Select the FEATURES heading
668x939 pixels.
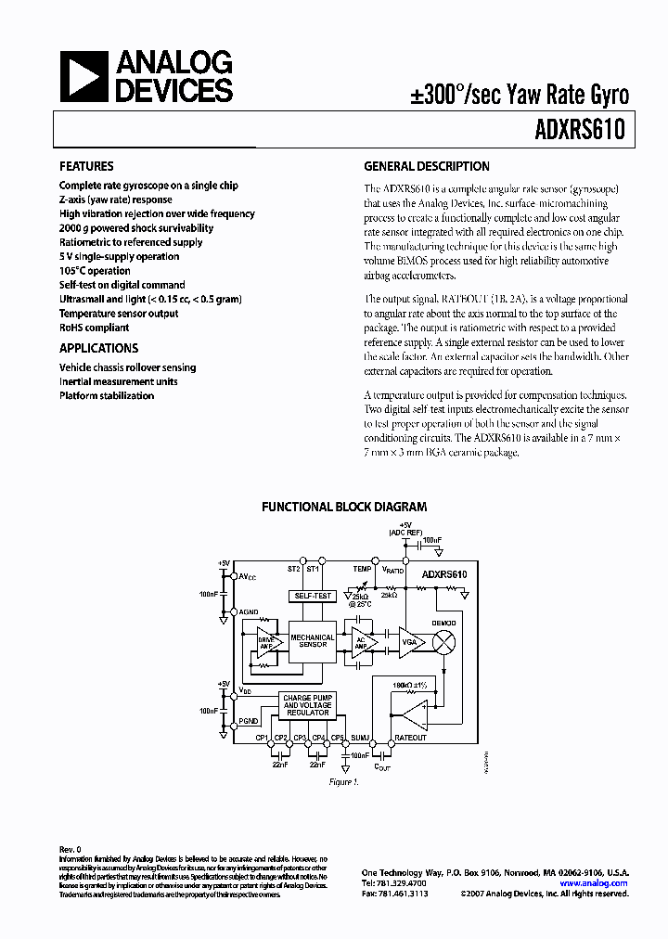[x=86, y=167]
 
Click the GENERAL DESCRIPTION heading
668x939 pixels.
[x=426, y=167]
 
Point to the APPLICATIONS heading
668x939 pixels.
[x=98, y=348]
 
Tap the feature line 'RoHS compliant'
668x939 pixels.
[x=94, y=328]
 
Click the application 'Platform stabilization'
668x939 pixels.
[x=107, y=395]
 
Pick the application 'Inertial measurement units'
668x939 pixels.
[x=118, y=381]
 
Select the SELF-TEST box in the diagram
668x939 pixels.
[x=312, y=596]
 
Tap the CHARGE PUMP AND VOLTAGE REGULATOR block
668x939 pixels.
[x=307, y=705]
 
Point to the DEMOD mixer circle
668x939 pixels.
[x=444, y=642]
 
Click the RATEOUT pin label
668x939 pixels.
[x=410, y=738]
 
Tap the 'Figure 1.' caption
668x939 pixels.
[x=343, y=782]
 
